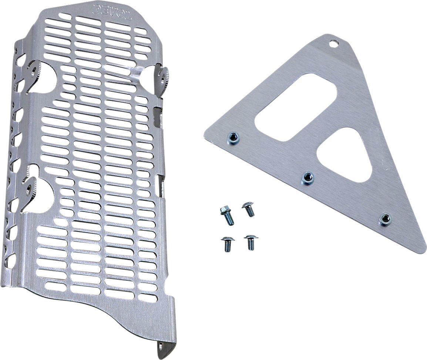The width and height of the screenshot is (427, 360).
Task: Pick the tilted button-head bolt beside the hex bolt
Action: click(249, 209)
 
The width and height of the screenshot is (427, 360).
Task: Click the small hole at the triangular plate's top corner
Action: click(334, 44)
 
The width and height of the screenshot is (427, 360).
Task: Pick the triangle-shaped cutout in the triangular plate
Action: click(344, 154)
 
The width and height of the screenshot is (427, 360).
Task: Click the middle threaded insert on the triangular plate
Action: click(307, 178)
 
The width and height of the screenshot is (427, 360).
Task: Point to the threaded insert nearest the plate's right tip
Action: click(385, 219)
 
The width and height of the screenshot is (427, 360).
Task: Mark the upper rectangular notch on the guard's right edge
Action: click(158, 118)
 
